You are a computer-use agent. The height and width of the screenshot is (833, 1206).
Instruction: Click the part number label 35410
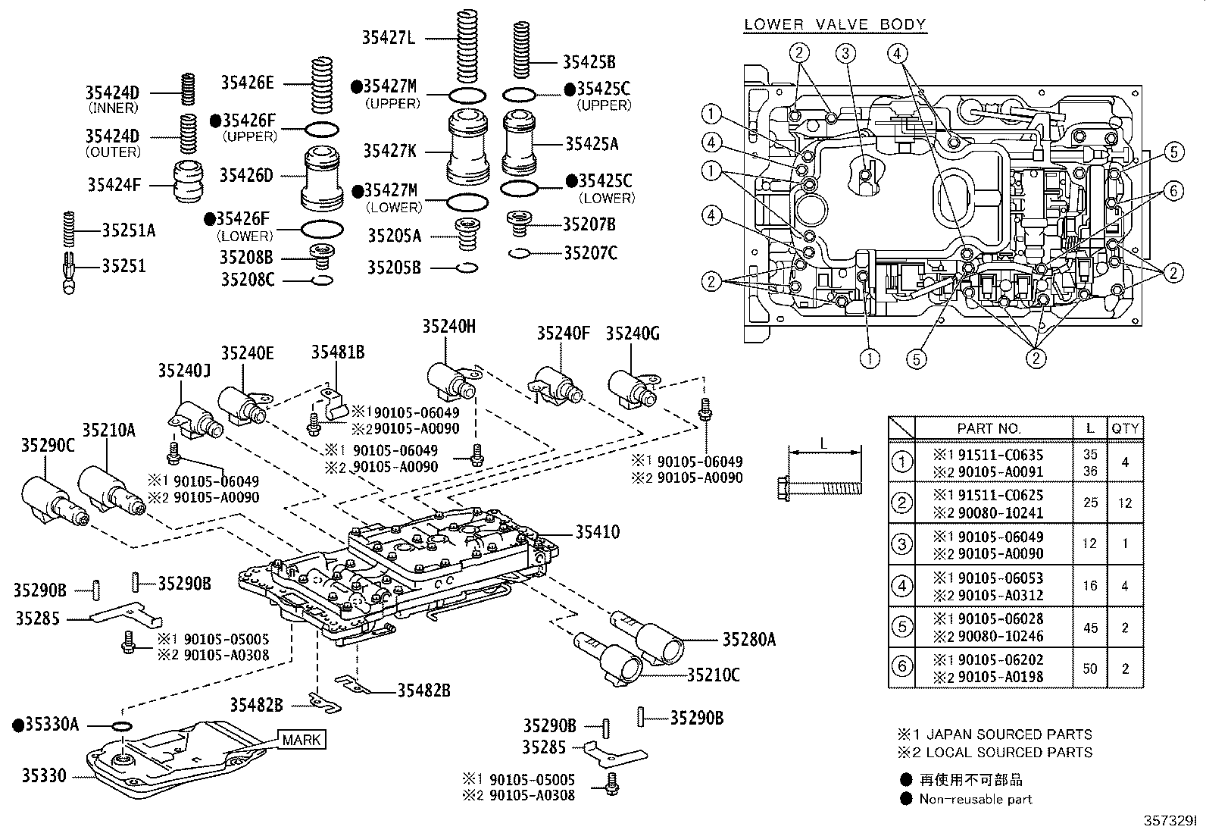597,532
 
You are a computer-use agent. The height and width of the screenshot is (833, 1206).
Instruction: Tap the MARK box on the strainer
301,739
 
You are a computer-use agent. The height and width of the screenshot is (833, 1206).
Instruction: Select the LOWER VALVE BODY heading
835,24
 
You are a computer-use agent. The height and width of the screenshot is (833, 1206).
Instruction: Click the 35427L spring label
388,36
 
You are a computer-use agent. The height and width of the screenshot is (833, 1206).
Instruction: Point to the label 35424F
114,184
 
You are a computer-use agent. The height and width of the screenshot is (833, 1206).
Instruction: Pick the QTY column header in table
1125,428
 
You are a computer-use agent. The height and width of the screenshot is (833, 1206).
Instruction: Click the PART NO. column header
989,428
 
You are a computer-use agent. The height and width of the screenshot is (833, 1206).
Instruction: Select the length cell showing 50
1090,669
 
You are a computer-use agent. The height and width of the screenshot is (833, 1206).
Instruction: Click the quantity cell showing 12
1125,503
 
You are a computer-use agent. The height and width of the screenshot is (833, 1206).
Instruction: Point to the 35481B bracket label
338,352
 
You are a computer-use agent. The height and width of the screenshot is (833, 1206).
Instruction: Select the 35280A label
748,640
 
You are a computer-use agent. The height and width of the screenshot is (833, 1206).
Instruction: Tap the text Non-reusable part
976,799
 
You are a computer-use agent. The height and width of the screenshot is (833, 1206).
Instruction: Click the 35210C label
713,674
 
